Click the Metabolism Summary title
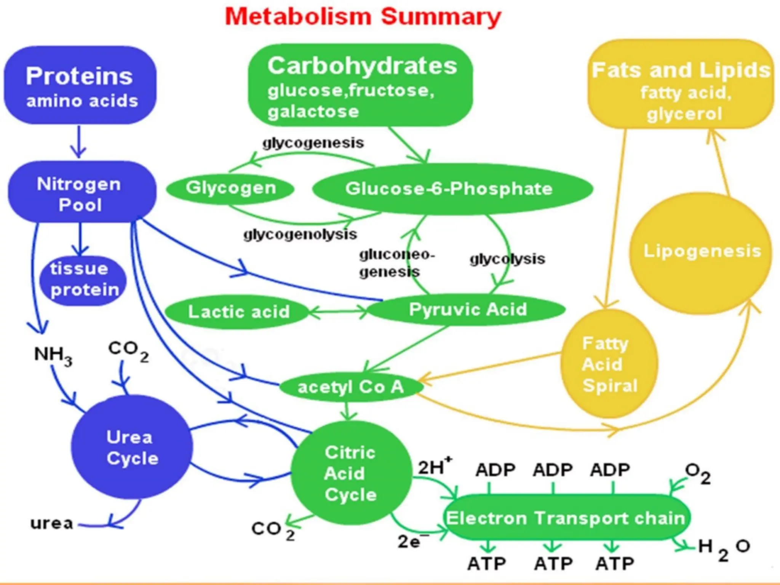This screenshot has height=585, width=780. coord(363,17)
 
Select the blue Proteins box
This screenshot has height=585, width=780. coord(80,85)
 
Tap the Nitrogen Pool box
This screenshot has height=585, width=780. coord(82,193)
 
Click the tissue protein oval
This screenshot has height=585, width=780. coord(83,280)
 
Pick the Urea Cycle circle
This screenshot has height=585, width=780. coord(132,447)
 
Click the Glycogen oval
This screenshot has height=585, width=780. coord(231,188)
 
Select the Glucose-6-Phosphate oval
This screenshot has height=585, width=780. coord(452,189)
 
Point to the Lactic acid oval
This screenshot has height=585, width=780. coord(238,312)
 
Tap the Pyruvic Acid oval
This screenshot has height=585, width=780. coord(467,309)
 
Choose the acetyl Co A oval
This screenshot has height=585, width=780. coord(350,387)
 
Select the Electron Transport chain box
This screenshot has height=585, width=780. coord(566,518)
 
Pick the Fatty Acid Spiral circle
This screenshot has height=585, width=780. coord(609,364)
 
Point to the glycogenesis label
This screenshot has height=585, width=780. coord(313,143)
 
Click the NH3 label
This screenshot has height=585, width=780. coord(53,355)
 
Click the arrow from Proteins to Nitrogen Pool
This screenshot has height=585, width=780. coord(79,142)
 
